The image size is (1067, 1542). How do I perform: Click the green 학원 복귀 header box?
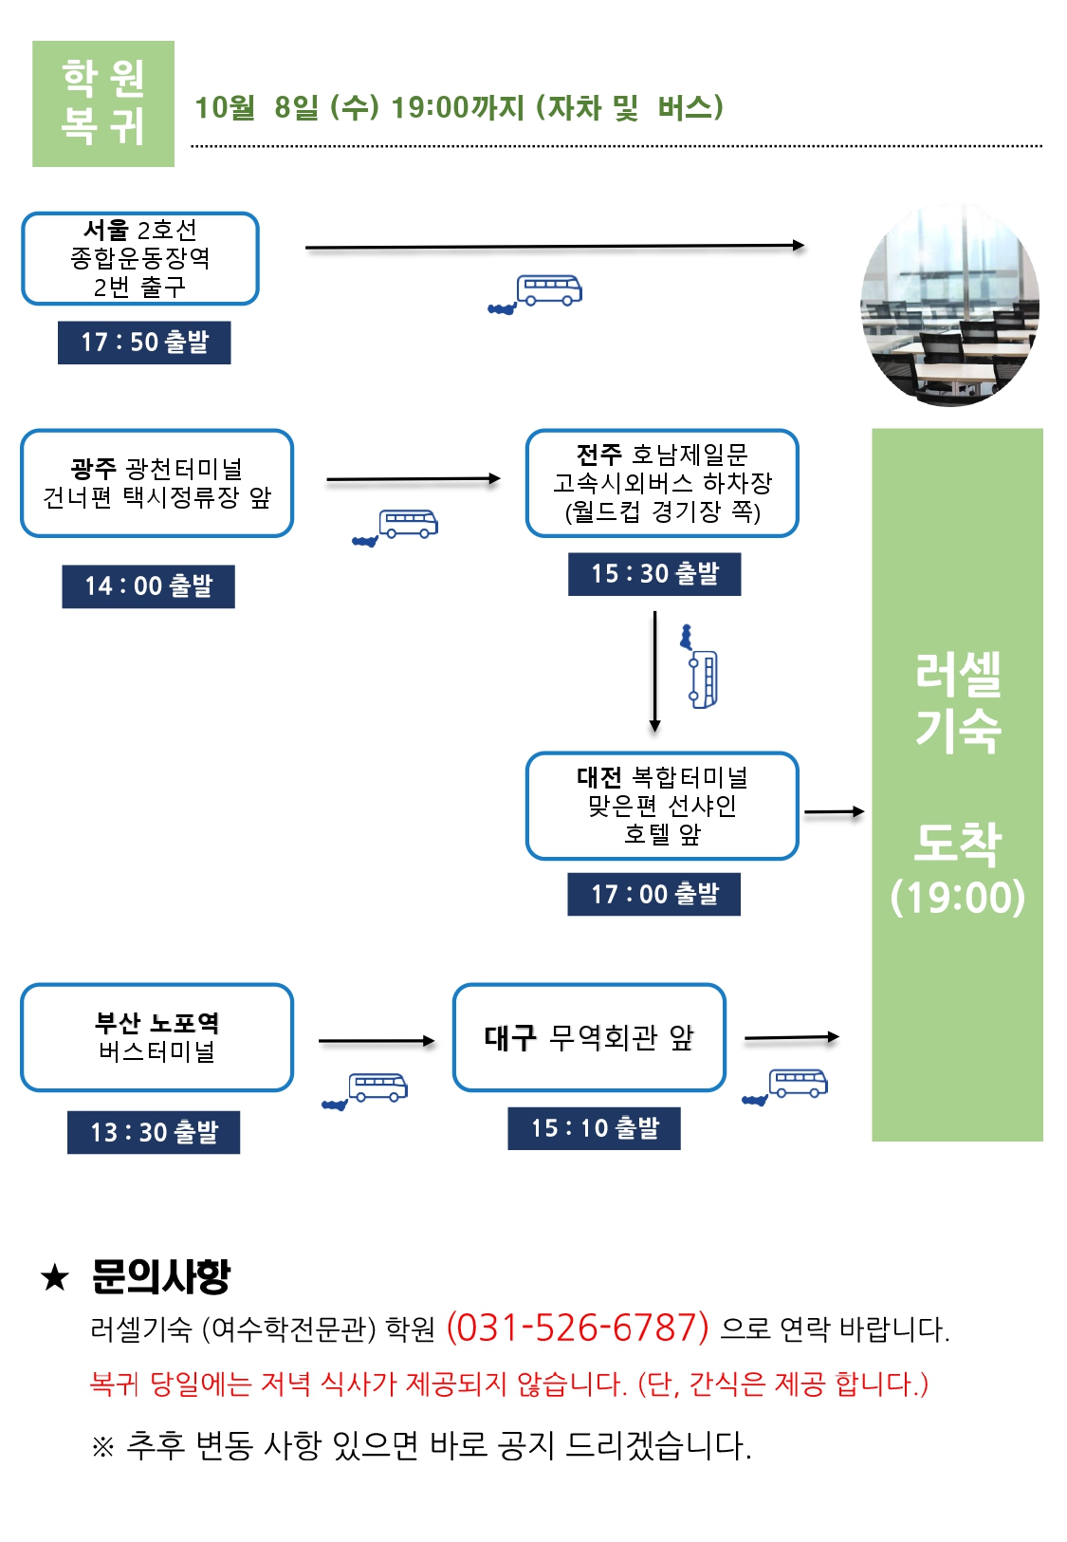coord(103,103)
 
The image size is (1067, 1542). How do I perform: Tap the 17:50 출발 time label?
coord(144,343)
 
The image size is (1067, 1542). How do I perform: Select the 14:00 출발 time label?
coord(148,586)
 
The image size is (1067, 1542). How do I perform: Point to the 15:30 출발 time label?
coord(654,574)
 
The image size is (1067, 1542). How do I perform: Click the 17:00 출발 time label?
coord(653,894)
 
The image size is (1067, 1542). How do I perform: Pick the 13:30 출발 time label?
coord(154,1132)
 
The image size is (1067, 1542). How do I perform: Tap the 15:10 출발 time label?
coord(594,1128)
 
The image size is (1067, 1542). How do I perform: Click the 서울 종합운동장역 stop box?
coord(140,258)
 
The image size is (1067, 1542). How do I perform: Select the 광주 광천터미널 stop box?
coord(157,483)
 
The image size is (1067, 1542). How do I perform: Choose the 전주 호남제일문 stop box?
coord(662,483)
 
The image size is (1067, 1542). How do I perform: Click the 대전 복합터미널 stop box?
coord(662,806)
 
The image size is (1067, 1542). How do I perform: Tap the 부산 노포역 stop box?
coord(157,1037)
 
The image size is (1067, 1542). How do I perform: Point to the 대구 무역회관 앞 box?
coord(589,1037)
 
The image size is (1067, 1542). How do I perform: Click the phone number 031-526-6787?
coord(578,1328)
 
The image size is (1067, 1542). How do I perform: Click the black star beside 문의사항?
coord(55,1277)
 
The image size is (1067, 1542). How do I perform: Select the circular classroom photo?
coord(949,307)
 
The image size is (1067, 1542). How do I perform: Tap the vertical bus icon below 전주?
coord(701,669)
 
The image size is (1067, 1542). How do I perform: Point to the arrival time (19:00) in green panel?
coord(957,898)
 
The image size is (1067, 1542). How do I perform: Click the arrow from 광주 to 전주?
coord(413,480)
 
